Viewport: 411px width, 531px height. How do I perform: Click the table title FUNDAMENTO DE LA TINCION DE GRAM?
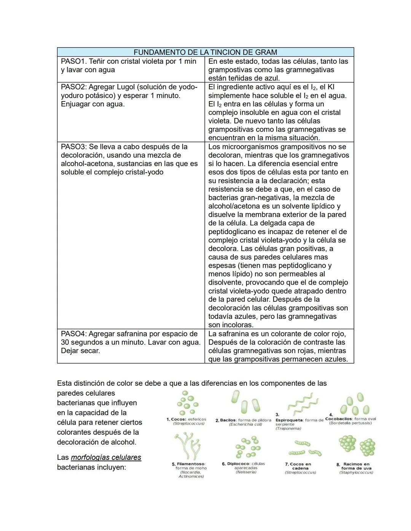coord(205,52)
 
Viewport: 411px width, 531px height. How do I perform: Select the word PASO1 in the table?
coord(73,61)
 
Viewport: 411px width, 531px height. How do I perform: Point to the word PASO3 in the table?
coord(73,147)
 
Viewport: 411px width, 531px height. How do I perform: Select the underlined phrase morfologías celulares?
coord(106,457)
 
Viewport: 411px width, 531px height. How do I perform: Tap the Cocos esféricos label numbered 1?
coord(186,419)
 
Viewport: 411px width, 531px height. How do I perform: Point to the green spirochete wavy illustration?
coord(302,404)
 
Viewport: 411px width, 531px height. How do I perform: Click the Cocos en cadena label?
coord(300,466)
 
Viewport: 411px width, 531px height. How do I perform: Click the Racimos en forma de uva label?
coord(356,466)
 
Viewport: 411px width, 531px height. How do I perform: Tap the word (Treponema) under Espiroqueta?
coord(288,429)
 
